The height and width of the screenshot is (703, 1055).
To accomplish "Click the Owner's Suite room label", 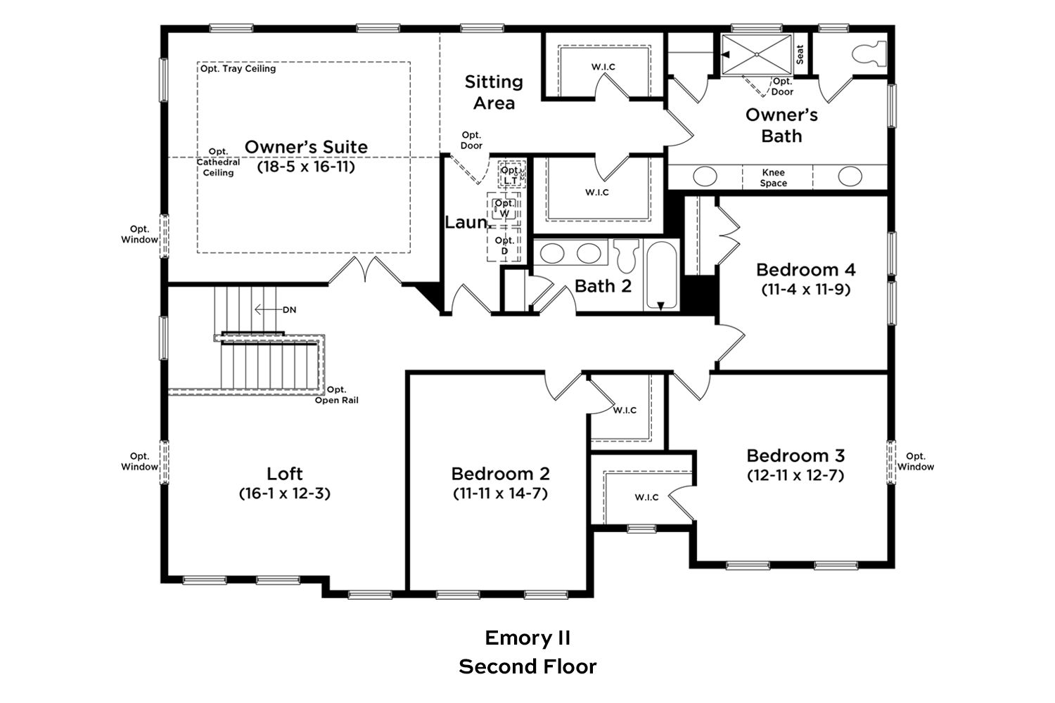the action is click(x=306, y=147).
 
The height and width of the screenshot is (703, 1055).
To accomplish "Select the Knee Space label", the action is click(x=774, y=178).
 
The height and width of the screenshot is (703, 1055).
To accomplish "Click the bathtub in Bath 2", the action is click(x=662, y=275).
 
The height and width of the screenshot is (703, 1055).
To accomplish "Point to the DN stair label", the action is click(x=289, y=310).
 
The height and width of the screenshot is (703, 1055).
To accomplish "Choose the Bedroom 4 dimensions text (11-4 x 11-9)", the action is click(x=806, y=289).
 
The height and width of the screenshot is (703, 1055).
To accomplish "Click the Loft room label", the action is click(x=284, y=474).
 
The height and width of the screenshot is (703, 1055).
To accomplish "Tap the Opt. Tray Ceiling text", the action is click(x=238, y=69).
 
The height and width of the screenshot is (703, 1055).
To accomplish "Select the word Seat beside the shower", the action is click(x=800, y=55).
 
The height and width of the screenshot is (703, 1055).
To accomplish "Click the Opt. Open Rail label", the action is click(x=336, y=395).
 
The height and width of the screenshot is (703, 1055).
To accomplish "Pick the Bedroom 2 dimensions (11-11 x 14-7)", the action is click(x=500, y=494).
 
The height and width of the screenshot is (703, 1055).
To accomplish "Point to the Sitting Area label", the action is click(x=494, y=92).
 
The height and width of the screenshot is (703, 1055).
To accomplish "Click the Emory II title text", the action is click(x=527, y=638).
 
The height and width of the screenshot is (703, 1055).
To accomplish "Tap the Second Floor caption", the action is click(x=527, y=666).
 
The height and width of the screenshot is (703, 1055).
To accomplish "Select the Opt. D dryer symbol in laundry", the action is click(x=504, y=245).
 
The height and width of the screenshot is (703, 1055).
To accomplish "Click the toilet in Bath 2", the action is click(x=626, y=256).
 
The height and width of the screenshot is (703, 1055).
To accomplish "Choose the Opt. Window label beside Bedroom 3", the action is click(x=915, y=461).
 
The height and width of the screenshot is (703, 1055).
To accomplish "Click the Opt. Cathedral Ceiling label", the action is click(x=218, y=162).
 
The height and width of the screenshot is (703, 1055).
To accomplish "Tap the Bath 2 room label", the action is click(x=603, y=286).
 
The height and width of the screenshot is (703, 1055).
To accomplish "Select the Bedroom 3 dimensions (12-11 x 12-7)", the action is click(x=795, y=475).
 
